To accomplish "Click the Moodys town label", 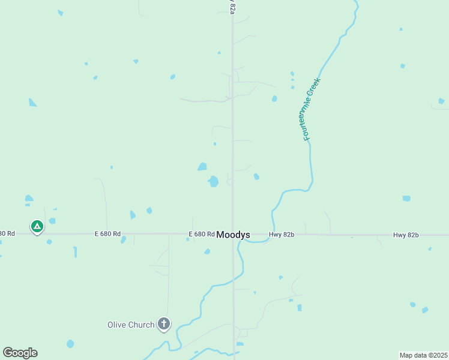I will (x=234, y=235).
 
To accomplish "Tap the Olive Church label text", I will (x=131, y=325).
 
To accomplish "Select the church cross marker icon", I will (x=163, y=324).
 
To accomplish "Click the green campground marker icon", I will (x=37, y=226).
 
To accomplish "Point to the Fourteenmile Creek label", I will (x=308, y=110).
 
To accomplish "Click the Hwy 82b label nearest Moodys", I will (x=282, y=234).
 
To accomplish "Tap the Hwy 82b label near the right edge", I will (x=406, y=234).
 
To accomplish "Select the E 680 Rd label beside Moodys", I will (x=201, y=234).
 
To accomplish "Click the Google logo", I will (x=20, y=353).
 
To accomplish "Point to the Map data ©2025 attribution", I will (x=423, y=355).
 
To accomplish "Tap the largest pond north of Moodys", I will (x=213, y=181).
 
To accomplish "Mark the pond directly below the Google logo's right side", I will (x=70, y=344).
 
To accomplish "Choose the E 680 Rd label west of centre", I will (x=107, y=233).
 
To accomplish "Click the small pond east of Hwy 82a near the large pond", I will (x=256, y=176).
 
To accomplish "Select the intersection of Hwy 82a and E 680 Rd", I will (x=233, y=234).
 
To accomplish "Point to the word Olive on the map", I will (x=117, y=325).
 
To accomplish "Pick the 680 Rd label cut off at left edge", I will (x=7, y=233).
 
